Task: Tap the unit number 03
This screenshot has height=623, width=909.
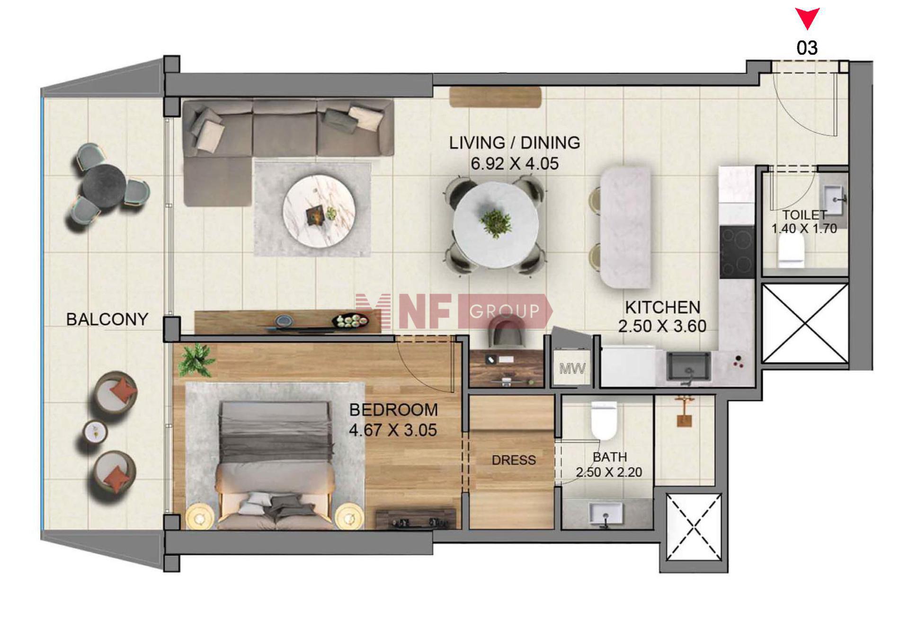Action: pyautogui.click(x=807, y=48)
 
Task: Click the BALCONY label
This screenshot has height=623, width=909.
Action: pyautogui.click(x=107, y=319)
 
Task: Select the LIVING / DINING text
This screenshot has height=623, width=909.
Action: pyautogui.click(x=515, y=142)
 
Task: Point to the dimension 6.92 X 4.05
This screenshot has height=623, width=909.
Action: pyautogui.click(x=515, y=164)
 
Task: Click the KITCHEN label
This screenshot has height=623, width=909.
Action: pyautogui.click(x=662, y=307)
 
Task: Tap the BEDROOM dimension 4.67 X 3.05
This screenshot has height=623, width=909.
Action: pyautogui.click(x=393, y=430)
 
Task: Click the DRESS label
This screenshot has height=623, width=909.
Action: pyautogui.click(x=514, y=460)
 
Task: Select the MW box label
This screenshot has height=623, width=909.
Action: pyautogui.click(x=572, y=368)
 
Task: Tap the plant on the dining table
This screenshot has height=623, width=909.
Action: pyautogui.click(x=495, y=222)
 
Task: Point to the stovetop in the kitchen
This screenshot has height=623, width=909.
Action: pyautogui.click(x=737, y=252)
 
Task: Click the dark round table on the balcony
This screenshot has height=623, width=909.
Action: pyautogui.click(x=103, y=187)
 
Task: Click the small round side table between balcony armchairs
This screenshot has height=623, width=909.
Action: pyautogui.click(x=96, y=431)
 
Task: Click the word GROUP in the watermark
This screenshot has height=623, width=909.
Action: pyautogui.click(x=504, y=311)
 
